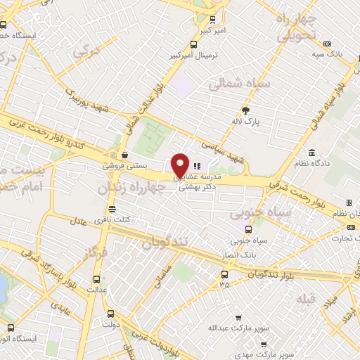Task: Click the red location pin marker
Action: coord(181,165)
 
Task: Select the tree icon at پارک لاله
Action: coord(245,110)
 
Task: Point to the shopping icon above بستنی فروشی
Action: coord(124,155)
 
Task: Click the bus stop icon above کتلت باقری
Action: coord(112,208)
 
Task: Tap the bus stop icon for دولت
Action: coord(109,314)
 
